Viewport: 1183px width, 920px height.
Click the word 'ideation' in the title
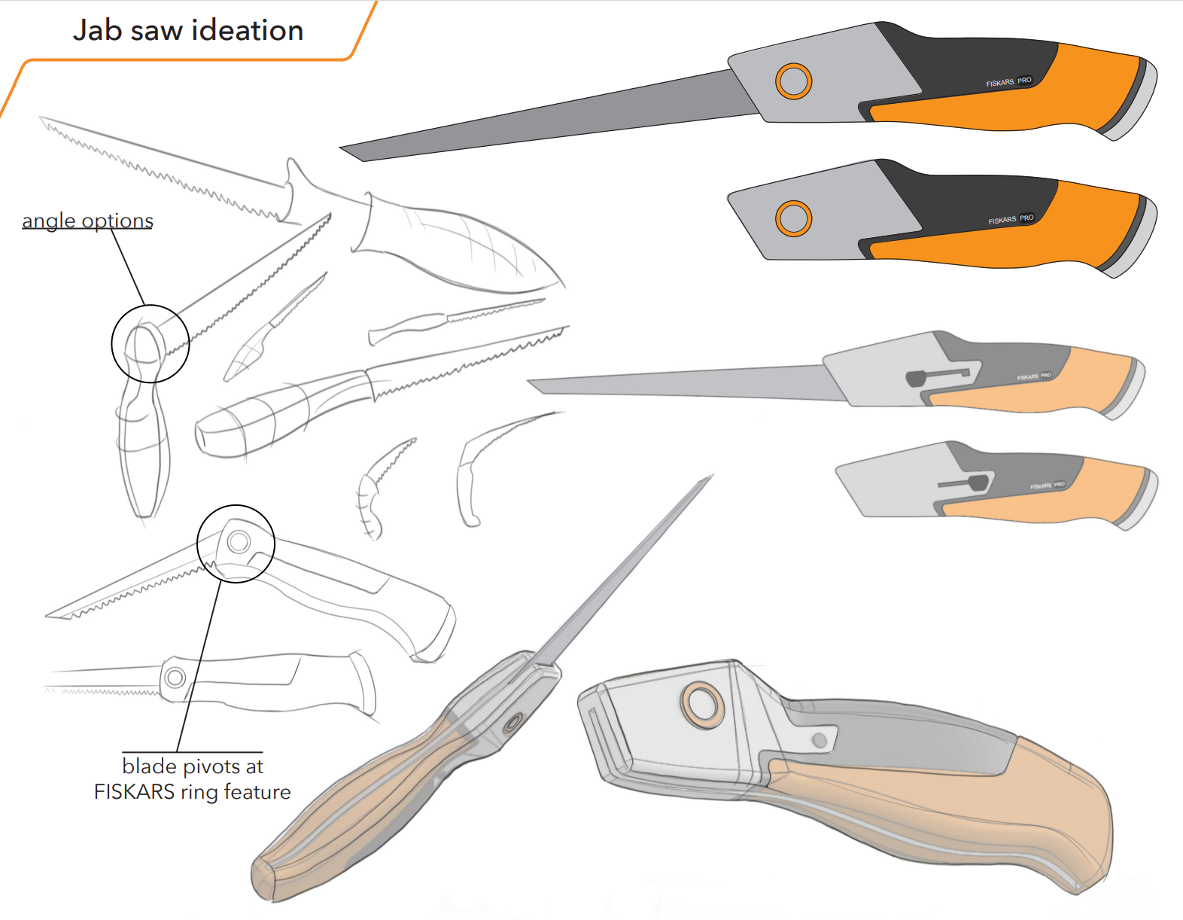(247, 30)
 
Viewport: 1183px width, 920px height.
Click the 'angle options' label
(87, 221)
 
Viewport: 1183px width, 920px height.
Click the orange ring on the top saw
(793, 81)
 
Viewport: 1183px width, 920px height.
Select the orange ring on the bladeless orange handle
(793, 218)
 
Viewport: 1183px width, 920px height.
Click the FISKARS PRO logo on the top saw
(1008, 81)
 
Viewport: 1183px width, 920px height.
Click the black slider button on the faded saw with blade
(916, 377)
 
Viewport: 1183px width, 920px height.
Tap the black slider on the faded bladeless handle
(978, 482)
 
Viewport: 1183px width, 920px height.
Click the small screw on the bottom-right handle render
(820, 741)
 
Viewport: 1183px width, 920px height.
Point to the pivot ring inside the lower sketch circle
(239, 541)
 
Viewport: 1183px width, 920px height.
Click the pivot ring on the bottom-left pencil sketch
(175, 678)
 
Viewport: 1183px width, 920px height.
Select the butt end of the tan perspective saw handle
(263, 879)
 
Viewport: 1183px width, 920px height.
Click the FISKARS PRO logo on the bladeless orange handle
(1011, 219)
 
